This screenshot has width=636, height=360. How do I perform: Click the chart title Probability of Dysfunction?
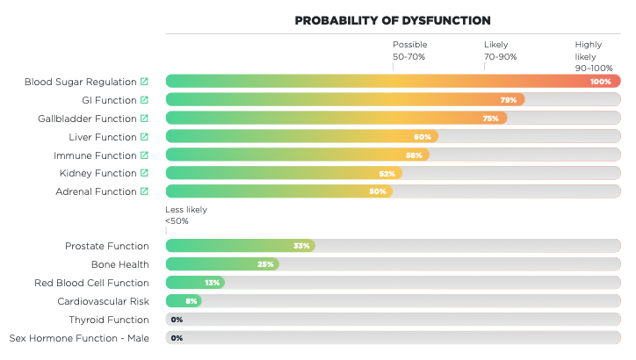pos(392,20)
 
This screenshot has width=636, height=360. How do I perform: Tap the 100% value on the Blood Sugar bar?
pos(601,82)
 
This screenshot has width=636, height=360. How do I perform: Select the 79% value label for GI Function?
pos(508,100)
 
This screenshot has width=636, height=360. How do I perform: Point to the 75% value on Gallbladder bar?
pos(490,119)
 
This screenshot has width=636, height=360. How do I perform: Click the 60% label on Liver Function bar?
pos(423,137)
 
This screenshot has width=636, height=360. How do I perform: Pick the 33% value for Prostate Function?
pos(301,246)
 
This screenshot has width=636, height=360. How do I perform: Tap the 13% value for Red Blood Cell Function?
pos(212,283)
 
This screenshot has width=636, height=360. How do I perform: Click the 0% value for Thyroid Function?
pos(177,320)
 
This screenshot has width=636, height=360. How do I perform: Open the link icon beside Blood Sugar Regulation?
pos(144,82)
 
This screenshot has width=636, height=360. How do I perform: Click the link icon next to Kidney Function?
pos(144,173)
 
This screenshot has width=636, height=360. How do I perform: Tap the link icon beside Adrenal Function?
pos(144,191)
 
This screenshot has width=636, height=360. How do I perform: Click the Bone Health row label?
pos(119,264)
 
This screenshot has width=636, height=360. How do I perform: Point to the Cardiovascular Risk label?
pos(103,301)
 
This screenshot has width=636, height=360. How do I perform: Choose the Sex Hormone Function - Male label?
pos(79,338)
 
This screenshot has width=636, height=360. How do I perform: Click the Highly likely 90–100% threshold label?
pos(594,56)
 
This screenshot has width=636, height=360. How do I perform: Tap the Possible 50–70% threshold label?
pos(409,50)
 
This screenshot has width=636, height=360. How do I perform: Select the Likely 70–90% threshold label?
pos(500,50)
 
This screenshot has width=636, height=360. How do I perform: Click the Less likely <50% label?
pos(185,215)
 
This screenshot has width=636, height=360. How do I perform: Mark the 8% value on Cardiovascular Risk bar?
pos(191,301)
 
